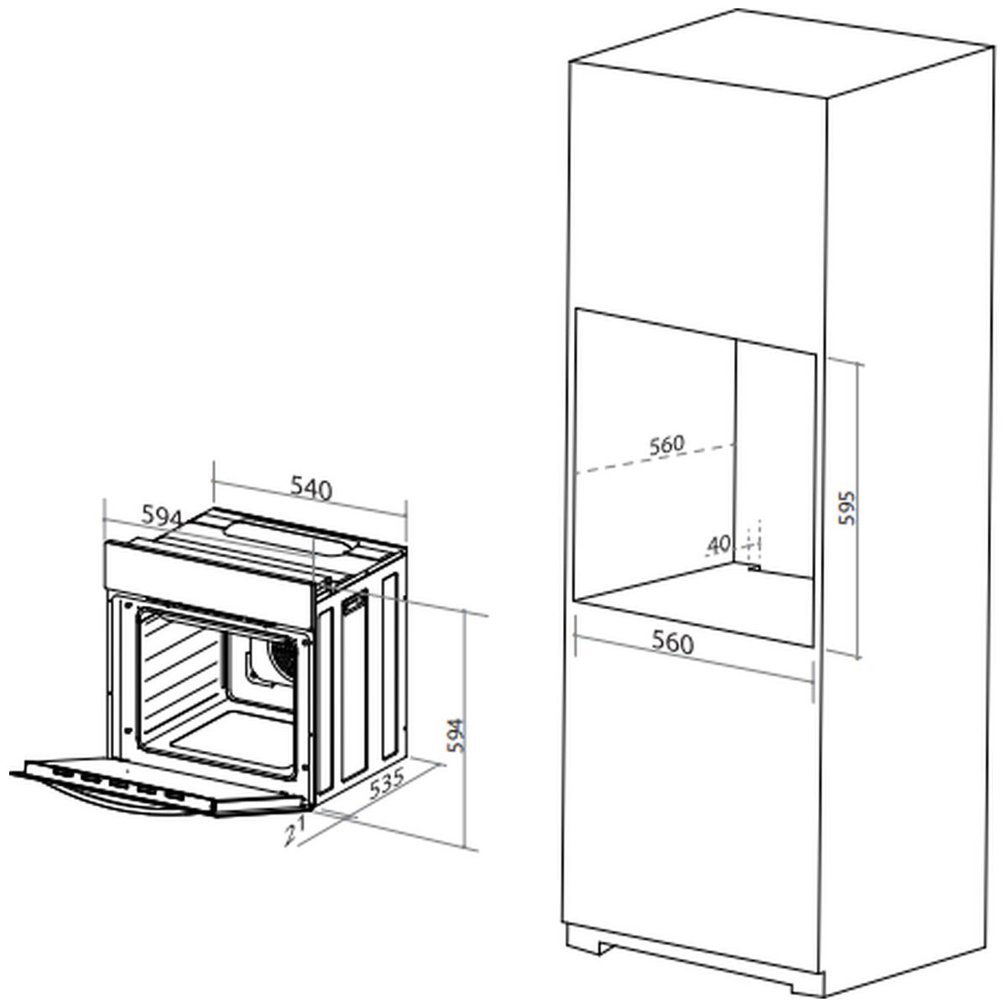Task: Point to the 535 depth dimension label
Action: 387,786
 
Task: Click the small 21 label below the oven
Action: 294,832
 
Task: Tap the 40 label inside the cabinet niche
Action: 719,545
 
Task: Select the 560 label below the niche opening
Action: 673,643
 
